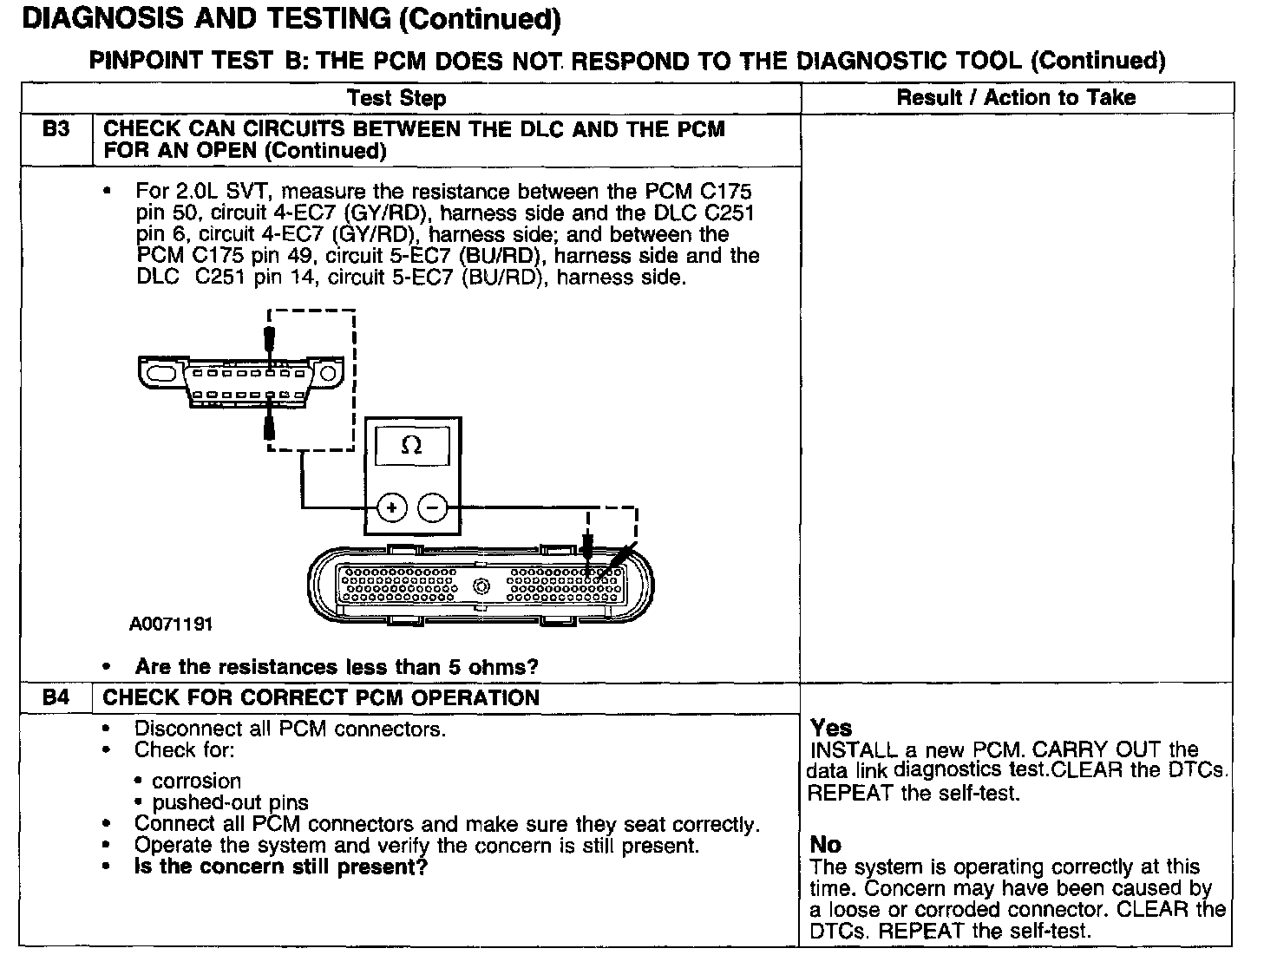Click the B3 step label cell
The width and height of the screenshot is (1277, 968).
click(x=56, y=129)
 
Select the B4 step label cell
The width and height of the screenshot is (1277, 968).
click(x=56, y=697)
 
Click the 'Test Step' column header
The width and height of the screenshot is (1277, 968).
click(x=396, y=98)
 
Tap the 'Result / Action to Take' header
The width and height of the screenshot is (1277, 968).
click(x=1016, y=97)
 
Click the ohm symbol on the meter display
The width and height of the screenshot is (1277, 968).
click(x=412, y=446)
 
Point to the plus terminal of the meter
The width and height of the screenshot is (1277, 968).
click(x=392, y=507)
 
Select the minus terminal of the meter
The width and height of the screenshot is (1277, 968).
click(x=433, y=507)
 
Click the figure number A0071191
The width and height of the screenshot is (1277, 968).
click(x=171, y=624)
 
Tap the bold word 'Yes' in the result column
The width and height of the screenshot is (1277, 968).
click(x=831, y=727)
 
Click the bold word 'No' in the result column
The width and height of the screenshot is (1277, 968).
click(x=825, y=844)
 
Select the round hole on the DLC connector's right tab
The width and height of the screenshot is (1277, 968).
click(x=327, y=373)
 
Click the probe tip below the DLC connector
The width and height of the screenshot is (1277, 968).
click(x=270, y=427)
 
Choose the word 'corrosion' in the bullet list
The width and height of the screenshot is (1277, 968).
click(x=196, y=781)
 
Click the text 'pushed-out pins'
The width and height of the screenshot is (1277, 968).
click(x=230, y=802)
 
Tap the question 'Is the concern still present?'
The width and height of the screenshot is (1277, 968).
click(x=281, y=867)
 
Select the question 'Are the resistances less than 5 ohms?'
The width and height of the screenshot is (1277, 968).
click(x=337, y=667)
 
